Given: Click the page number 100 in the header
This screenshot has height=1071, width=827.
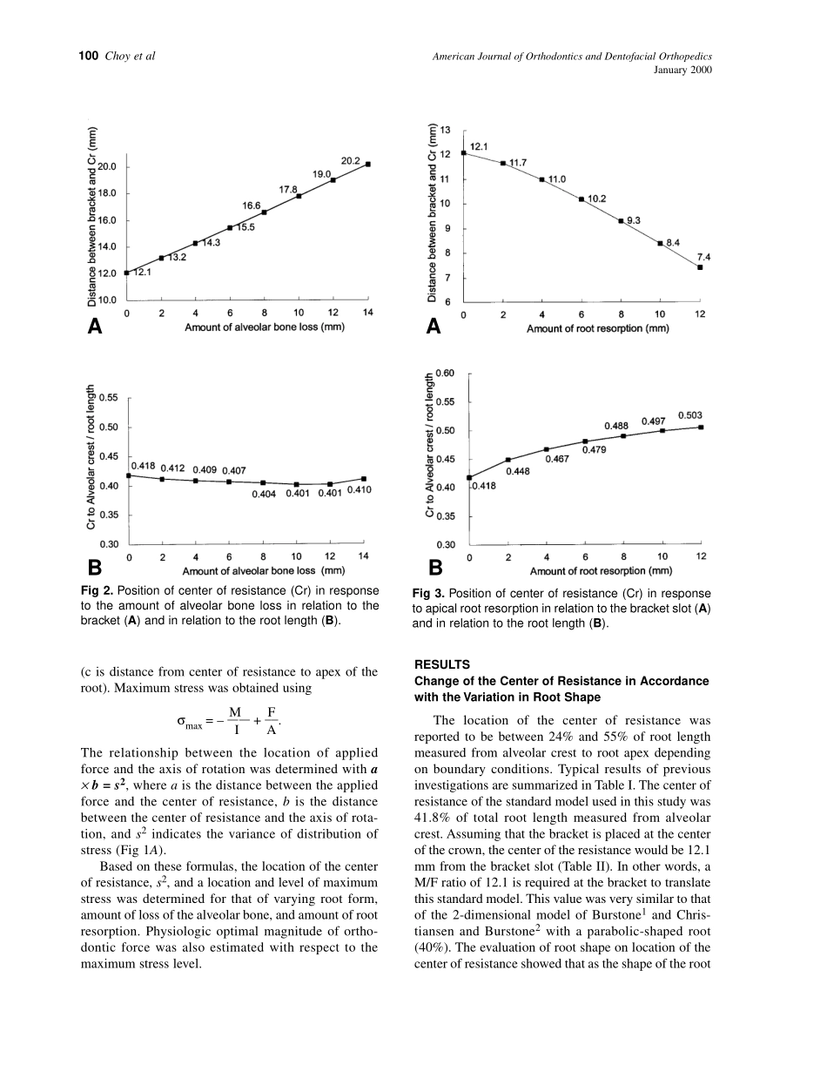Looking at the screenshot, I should tap(88, 57).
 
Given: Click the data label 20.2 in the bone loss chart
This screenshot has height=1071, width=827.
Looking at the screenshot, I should tap(351, 161).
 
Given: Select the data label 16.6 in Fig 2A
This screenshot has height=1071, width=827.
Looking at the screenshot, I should tap(252, 205).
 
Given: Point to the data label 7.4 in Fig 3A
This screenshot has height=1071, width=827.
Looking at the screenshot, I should tap(704, 257).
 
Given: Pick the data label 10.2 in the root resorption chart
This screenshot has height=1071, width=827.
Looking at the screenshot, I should tap(596, 199).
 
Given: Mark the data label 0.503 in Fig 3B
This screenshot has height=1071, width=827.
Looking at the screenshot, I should tap(690, 415).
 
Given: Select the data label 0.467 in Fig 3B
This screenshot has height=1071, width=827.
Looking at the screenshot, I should tap(557, 458).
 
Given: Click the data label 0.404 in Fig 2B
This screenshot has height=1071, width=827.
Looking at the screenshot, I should tap(264, 494).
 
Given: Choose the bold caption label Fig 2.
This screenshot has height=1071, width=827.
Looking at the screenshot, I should tap(97, 590).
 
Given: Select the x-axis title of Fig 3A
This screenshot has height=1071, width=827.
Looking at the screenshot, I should tap(597, 329).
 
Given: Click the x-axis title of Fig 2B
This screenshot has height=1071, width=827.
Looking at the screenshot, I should tap(264, 571).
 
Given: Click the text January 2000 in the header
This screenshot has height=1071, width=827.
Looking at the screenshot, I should tap(682, 71).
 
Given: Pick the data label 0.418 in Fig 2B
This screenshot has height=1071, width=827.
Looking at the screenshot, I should tap(143, 467).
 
